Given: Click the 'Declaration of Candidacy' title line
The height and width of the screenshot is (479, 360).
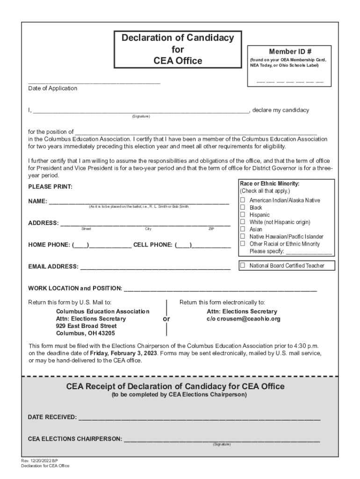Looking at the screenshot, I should pos(178,38).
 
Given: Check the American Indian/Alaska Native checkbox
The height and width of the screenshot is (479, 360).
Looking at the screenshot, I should pos(243,200).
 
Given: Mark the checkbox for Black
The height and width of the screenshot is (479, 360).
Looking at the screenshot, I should pos(243,207).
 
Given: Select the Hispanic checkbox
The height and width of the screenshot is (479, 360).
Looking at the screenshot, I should pos(243,215).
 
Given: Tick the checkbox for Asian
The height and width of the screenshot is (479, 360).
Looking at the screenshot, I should pos(243,229).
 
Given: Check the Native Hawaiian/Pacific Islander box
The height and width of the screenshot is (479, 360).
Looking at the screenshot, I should pos(243,237).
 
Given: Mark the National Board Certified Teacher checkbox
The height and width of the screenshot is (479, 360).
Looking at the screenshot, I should pos(243,265).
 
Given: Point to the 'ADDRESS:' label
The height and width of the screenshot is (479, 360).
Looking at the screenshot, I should pos(43,223).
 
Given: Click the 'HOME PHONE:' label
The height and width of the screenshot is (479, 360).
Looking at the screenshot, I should pos(49,245).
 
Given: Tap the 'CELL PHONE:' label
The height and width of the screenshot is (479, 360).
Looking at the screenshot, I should pos(153,245).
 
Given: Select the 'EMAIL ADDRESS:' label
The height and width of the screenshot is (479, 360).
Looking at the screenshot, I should pos(53,267).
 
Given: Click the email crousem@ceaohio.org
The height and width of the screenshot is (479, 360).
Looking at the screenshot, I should pos(244,319).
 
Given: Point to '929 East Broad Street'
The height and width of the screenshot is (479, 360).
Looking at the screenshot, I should pos(86,326).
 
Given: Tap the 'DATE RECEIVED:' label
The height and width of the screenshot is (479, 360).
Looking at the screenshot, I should pos(52,417).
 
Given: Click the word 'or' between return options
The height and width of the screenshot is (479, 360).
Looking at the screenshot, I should pos(166,319).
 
